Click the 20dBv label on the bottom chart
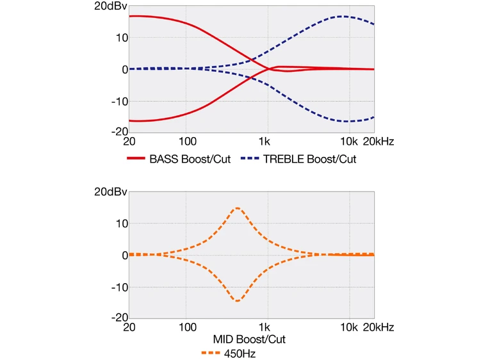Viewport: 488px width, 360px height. pos(111,192)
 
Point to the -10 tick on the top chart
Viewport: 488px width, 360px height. pos(118,101)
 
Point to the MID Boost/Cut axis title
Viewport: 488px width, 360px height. pos(249,339)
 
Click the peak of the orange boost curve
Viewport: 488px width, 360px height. pos(238,208)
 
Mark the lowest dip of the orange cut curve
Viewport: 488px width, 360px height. pos(238,300)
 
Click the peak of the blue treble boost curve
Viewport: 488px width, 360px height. pos(343,17)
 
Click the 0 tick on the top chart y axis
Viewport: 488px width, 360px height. pos(124,69)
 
